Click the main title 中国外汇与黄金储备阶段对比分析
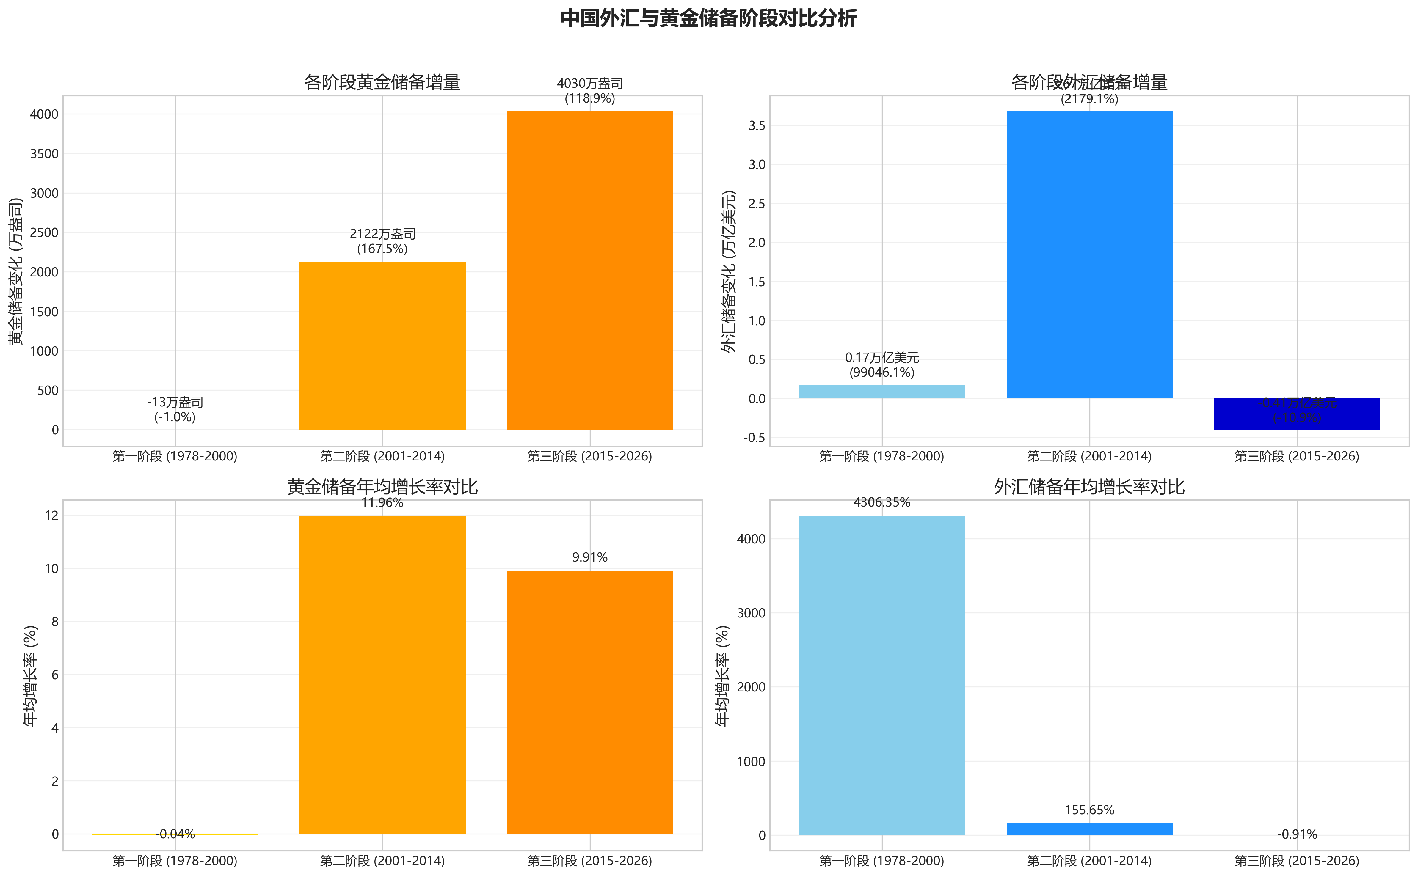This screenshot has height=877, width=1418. [708, 18]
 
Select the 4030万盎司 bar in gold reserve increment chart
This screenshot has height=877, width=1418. [589, 270]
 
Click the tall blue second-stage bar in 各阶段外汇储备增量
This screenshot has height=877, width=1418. [1089, 255]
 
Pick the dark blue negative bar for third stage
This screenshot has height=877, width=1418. [1297, 414]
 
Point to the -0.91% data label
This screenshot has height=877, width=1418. [1297, 834]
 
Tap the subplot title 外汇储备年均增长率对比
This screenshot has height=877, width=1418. [1089, 487]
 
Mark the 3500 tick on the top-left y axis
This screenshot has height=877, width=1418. [44, 154]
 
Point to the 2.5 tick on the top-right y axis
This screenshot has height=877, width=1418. [757, 204]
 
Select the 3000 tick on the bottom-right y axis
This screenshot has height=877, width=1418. [751, 613]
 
